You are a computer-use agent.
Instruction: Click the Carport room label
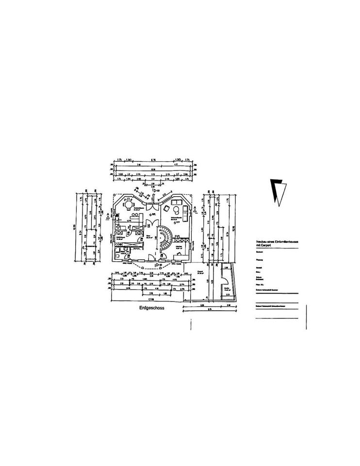pyautogui.click(x=200, y=273)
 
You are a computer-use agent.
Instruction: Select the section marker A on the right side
pyautogui.click(x=195, y=209)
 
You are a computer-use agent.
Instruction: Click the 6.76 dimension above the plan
pyautogui.click(x=153, y=160)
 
